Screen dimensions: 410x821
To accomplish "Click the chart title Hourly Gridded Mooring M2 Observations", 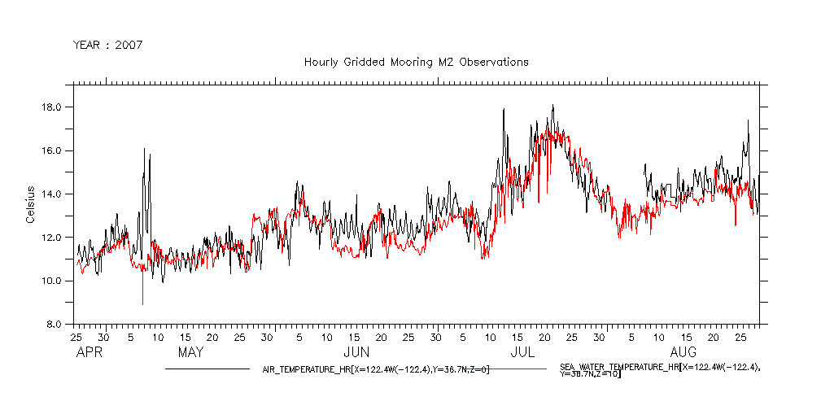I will pyautogui.click(x=416, y=62).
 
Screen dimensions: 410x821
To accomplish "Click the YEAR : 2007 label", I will pyautogui.click(x=107, y=45).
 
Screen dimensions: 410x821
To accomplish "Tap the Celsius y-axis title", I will pyautogui.click(x=30, y=204).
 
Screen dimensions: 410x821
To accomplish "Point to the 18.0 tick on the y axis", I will pyautogui.click(x=54, y=107).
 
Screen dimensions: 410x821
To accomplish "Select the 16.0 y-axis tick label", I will pyautogui.click(x=54, y=150).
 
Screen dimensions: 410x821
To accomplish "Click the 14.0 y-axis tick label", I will pyautogui.click(x=54, y=194).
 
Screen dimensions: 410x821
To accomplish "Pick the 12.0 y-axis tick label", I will pyautogui.click(x=54, y=238).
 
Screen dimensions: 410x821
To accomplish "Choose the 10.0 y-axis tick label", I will pyautogui.click(x=54, y=281).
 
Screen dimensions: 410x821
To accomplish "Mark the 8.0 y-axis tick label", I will pyautogui.click(x=56, y=324).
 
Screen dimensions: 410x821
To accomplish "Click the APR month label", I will pyautogui.click(x=87, y=353).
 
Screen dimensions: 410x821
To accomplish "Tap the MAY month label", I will pyautogui.click(x=190, y=353).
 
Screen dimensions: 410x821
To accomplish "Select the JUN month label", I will pyautogui.click(x=356, y=353).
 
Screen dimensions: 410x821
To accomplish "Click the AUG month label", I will pyautogui.click(x=683, y=353).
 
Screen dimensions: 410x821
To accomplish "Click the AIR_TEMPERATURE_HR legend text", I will pyautogui.click(x=375, y=369).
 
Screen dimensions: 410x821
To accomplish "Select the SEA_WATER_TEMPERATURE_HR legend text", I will pyautogui.click(x=659, y=371).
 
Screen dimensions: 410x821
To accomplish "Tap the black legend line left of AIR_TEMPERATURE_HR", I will pyautogui.click(x=207, y=369).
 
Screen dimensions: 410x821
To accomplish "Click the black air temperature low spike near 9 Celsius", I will pyautogui.click(x=142, y=303).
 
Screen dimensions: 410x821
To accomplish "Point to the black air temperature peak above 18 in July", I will pyautogui.click(x=552, y=106).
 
